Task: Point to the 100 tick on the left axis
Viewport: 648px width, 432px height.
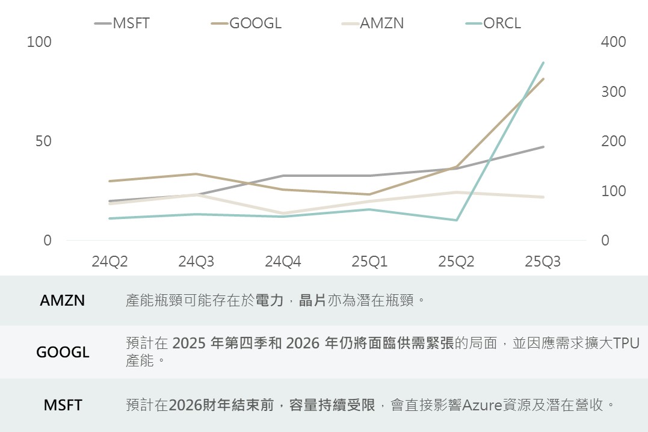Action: click(x=40, y=42)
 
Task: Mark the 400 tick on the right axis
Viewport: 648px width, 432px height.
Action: click(x=613, y=42)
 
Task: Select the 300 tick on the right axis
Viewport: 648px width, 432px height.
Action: click(x=613, y=92)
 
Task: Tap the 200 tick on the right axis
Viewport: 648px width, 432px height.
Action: click(x=613, y=141)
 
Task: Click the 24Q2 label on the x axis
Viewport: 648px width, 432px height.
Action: click(x=110, y=262)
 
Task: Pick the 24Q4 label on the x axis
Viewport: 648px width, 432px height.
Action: click(x=283, y=262)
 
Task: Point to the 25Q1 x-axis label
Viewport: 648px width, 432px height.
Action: click(x=369, y=262)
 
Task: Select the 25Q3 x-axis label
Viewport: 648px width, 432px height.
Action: click(x=543, y=262)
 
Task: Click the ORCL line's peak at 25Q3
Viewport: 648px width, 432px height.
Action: click(x=543, y=63)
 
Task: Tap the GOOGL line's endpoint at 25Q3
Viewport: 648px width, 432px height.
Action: click(x=543, y=79)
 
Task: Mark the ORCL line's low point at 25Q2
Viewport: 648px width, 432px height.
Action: click(x=456, y=220)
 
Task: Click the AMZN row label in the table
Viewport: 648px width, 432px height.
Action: click(x=63, y=301)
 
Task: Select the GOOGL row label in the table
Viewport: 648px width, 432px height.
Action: click(x=63, y=352)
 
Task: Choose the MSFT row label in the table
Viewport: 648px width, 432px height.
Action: click(x=63, y=405)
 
